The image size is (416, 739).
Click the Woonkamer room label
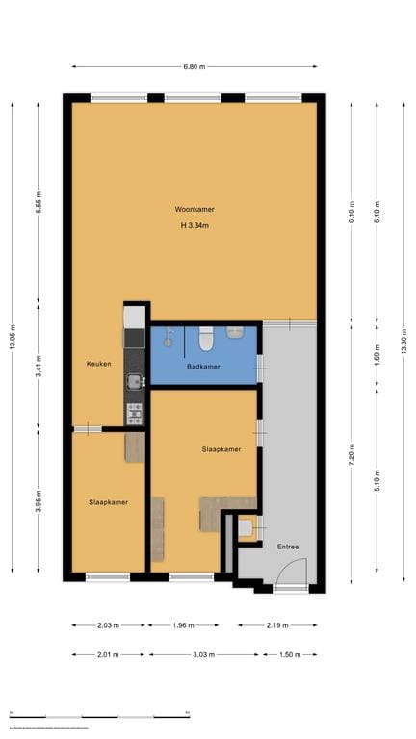[194, 209]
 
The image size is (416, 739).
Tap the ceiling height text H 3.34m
[194, 225]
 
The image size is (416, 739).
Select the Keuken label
[98, 364]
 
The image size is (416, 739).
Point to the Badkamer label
[203, 367]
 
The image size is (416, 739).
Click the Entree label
[288, 547]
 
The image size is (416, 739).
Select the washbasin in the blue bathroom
[235, 333]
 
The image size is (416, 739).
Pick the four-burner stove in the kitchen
[135, 414]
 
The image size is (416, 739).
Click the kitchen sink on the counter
[135, 382]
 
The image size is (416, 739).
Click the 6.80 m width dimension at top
[194, 66]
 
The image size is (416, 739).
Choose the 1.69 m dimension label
[377, 354]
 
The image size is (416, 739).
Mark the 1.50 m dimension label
[289, 655]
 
